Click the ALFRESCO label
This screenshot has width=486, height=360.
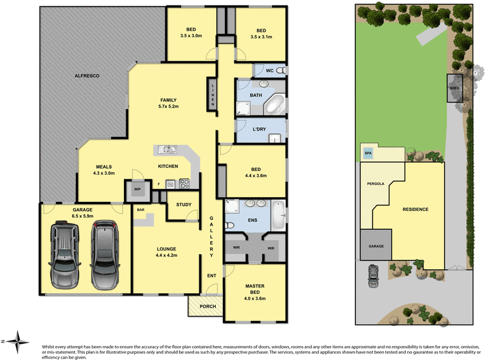pos(86,75)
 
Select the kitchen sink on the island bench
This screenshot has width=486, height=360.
pos(167,149)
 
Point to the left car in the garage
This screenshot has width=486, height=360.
pos(64,255)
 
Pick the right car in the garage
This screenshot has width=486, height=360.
pos(104,255)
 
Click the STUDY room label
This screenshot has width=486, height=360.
pos(183,205)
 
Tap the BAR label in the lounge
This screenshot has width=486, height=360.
pos(140,210)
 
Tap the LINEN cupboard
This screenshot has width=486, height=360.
pos(213,95)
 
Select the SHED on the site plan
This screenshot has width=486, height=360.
pos(455,88)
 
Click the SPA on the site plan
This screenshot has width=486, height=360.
pos(368,153)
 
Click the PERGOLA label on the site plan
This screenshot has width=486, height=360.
pos(375,183)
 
